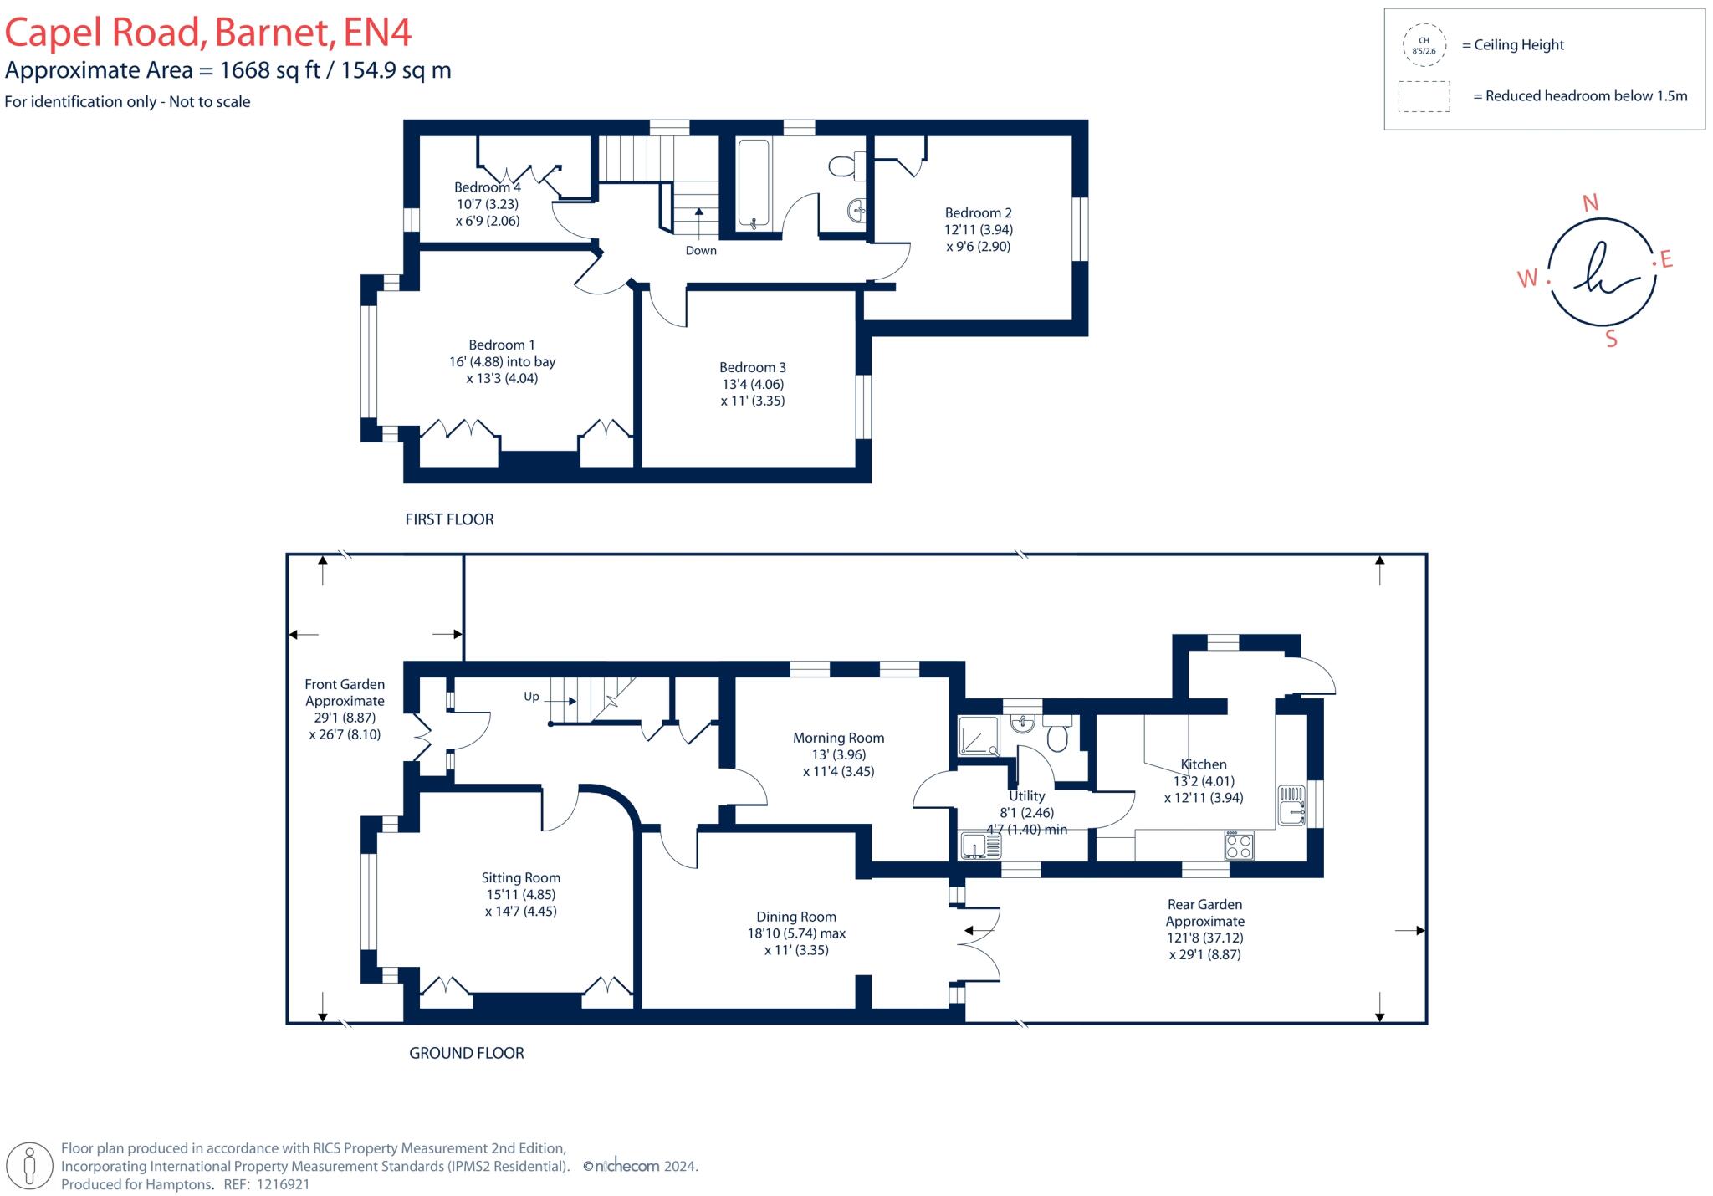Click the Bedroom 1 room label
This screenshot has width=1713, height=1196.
point(502,345)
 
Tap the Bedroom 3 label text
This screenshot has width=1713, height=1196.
point(753,367)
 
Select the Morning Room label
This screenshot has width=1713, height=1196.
point(838,738)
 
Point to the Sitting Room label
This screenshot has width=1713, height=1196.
point(520,877)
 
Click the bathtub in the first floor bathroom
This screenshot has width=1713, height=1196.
point(754,183)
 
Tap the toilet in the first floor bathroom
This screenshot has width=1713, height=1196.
point(846,166)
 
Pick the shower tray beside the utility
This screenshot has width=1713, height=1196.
point(979,737)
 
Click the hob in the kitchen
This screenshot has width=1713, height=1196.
point(1239,845)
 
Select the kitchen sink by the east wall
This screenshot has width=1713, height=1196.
point(1291,805)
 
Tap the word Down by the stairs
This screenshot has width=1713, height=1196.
point(701,250)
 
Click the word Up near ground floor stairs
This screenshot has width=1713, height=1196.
point(531,697)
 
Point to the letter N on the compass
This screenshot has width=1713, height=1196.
point(1591,202)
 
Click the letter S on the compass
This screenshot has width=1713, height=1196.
point(1611,339)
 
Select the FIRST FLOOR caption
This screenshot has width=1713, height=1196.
point(449,519)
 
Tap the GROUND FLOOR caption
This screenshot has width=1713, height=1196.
point(466,1053)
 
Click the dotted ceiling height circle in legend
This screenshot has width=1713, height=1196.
point(1424,45)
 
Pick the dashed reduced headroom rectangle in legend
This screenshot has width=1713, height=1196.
point(1424,96)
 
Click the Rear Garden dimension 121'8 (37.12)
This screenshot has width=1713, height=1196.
point(1204,938)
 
